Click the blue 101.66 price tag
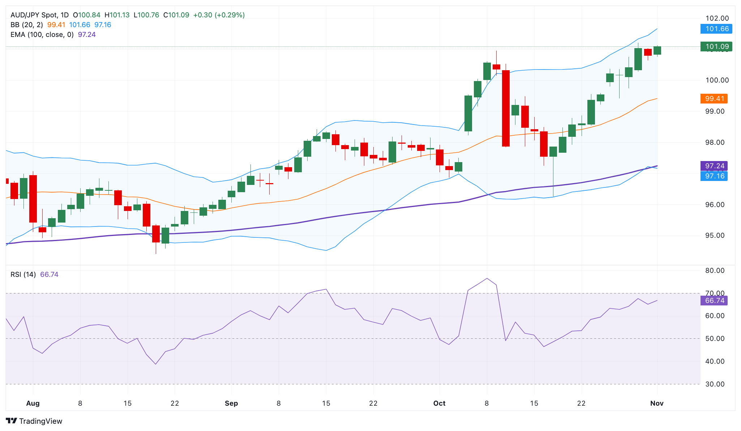[x=716, y=29]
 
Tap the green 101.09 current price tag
[x=716, y=46]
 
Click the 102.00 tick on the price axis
[x=717, y=18]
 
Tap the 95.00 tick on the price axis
[x=715, y=236]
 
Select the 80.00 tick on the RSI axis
[x=715, y=271]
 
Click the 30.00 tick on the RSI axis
[x=715, y=384]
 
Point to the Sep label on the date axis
[x=231, y=403]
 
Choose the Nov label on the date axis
[x=657, y=403]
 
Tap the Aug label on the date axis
[x=33, y=403]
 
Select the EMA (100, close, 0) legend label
[x=42, y=35]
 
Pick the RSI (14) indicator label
[x=23, y=275]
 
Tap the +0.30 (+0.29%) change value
[x=219, y=15]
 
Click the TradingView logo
[x=34, y=421]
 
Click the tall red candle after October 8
[x=506, y=108]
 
